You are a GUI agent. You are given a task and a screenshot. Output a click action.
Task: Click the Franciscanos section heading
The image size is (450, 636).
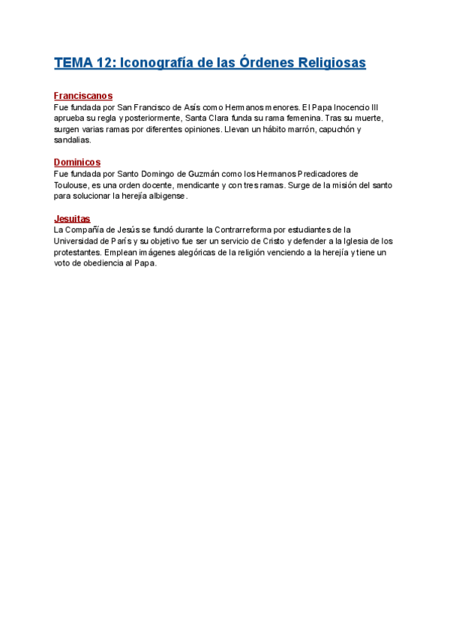83,96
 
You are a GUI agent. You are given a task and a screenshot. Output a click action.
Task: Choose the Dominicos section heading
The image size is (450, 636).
76,163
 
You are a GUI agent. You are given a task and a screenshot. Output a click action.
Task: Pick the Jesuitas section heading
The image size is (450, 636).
72,218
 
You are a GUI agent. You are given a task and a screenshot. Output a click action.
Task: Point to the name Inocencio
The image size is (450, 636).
349,107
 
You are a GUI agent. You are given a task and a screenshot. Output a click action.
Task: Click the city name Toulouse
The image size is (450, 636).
72,185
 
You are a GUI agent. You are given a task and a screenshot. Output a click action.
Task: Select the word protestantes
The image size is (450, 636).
77,252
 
